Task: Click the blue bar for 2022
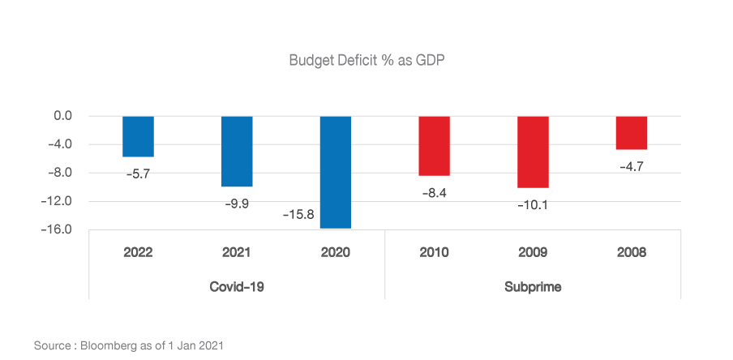click(138, 136)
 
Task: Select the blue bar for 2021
click(237, 151)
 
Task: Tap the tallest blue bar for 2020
click(335, 172)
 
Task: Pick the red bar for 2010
click(434, 146)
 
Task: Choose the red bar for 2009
click(533, 152)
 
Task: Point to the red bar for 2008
click(631, 133)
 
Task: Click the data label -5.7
click(138, 173)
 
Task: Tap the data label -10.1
click(533, 204)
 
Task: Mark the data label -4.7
click(631, 166)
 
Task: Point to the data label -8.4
click(434, 193)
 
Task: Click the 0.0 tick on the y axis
click(63, 116)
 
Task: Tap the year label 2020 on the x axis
click(335, 252)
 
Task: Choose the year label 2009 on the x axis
click(533, 252)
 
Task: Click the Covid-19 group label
click(237, 286)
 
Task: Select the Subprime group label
click(533, 286)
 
